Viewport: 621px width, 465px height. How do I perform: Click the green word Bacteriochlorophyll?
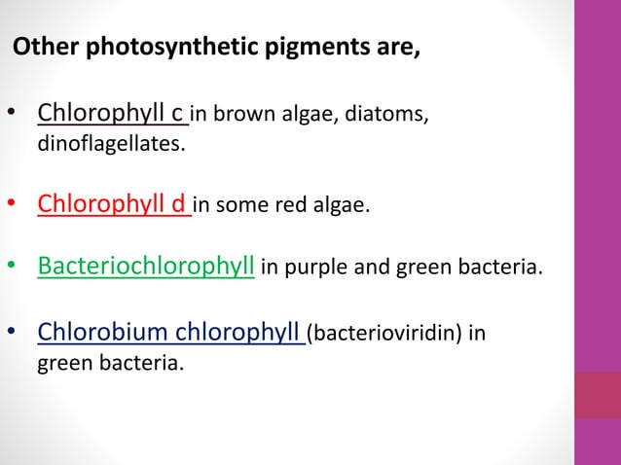(146, 265)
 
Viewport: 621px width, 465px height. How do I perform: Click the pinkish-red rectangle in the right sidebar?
(597, 394)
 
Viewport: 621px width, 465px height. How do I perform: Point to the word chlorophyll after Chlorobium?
(239, 334)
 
